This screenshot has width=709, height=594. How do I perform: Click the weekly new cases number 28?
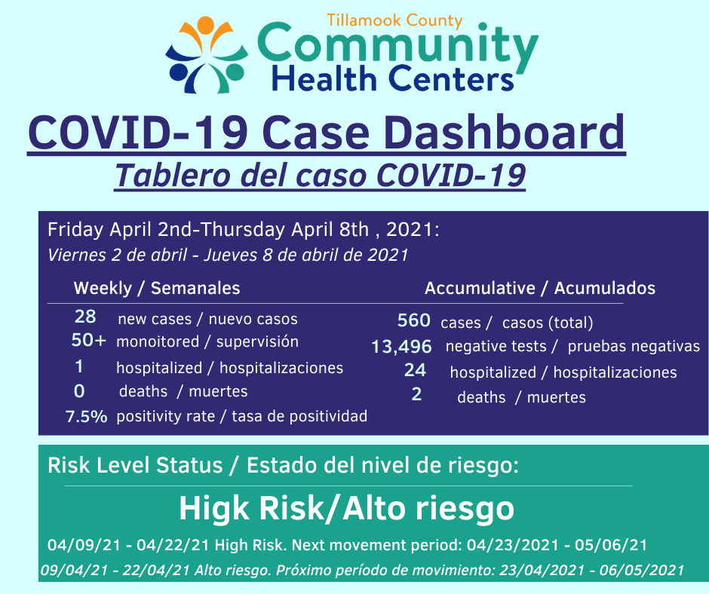[x=85, y=317]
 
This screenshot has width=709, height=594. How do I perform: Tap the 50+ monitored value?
[x=89, y=340]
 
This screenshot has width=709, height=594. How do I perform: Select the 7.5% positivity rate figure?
[x=87, y=416]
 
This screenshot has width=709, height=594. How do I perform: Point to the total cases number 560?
[x=414, y=320]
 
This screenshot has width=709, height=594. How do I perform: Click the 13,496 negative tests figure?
[x=401, y=347]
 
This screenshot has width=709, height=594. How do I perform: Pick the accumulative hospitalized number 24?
[x=415, y=370]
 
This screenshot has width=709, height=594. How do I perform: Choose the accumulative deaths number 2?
[x=416, y=394]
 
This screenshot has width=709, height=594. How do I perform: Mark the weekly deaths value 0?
[x=79, y=391]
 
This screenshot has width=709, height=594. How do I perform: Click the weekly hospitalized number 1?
[x=79, y=366]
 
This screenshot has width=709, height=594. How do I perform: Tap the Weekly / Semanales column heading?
[x=157, y=289]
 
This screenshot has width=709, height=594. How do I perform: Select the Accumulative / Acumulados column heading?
[x=540, y=289]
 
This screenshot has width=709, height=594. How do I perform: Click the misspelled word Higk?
[x=214, y=509]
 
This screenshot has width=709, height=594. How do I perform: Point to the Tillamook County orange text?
[x=394, y=21]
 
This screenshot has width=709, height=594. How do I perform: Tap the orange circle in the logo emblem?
[x=205, y=24]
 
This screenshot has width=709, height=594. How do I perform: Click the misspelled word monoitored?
[x=158, y=341]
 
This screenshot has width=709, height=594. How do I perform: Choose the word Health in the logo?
[x=324, y=78]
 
